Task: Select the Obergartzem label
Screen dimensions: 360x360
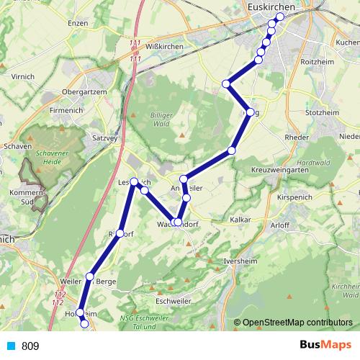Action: pos(85,92)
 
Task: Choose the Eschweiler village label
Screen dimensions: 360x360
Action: pos(175,300)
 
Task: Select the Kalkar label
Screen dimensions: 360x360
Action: pos(240,219)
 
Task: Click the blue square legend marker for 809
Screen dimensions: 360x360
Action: pos(11,346)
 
